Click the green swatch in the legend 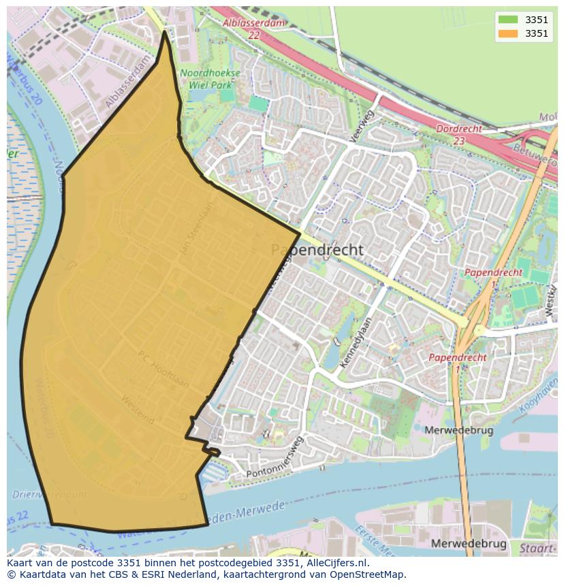click(508, 19)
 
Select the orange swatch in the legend click(508, 33)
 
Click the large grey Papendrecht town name click(317, 250)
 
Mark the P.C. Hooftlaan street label click(163, 367)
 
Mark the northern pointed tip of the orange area click(165, 31)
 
